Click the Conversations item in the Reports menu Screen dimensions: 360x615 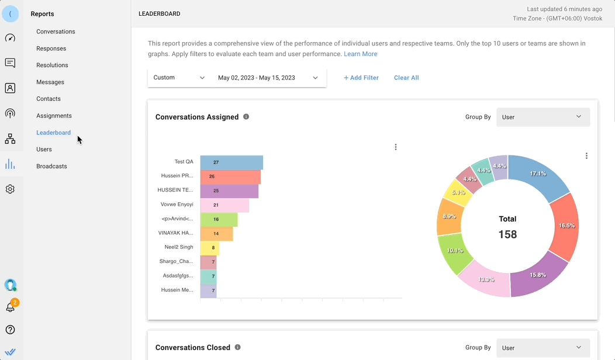point(56,32)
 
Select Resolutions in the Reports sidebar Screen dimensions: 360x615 point(52,65)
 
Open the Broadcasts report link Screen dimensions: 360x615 point(51,166)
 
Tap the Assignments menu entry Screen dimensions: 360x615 point(54,116)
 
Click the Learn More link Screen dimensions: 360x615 point(360,54)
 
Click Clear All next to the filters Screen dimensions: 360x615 point(406,78)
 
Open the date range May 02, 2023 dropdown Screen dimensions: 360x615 point(268,78)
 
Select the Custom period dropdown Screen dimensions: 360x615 point(179,78)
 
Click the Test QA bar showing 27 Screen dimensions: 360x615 point(232,162)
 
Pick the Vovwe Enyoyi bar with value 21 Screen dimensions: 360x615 point(224,205)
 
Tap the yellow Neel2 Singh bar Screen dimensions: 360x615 point(210,248)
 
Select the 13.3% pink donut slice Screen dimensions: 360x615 point(486,280)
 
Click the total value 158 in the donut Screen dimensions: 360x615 point(507,235)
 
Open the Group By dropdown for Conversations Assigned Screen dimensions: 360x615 point(543,117)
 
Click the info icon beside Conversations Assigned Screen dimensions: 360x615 point(246,117)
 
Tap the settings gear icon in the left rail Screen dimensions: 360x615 point(10,189)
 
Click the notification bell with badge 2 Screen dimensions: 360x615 point(11,306)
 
